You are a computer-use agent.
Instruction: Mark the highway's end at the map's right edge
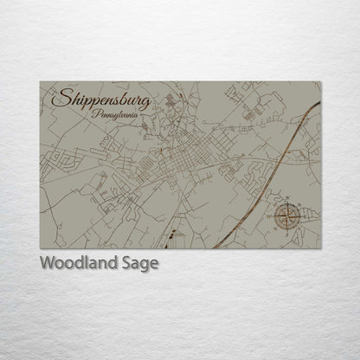(x=320, y=103)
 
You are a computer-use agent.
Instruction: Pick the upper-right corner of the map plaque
(x=321, y=82)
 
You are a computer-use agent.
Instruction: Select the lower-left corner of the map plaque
(x=40, y=248)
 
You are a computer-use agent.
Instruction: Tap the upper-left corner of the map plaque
(x=40, y=82)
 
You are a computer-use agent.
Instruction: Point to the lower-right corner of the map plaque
(x=321, y=248)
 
